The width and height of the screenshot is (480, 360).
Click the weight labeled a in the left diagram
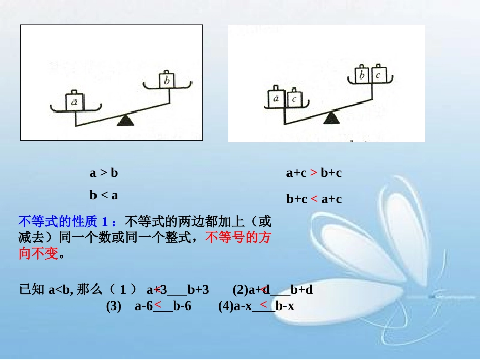75,102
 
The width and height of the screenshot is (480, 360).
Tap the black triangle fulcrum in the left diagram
125,121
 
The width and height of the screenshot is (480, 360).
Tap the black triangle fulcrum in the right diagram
331,119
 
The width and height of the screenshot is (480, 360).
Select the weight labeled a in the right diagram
276,99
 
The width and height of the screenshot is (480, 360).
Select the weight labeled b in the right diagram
361,75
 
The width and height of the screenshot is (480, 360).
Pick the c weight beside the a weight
295,99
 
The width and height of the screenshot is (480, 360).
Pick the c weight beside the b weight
379,75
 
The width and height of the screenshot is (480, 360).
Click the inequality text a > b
104,173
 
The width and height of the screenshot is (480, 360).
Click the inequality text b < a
104,195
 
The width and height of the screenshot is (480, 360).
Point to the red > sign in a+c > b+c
314,173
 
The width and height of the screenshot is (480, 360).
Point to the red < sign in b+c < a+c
314,199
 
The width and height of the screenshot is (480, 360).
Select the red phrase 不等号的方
237,237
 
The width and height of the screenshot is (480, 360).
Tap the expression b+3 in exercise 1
198,290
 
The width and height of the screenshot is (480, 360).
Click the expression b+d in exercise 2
302,290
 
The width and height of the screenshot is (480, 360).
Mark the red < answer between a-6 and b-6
158,304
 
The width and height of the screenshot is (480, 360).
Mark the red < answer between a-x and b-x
263,304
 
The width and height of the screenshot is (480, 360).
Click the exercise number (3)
114,306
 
